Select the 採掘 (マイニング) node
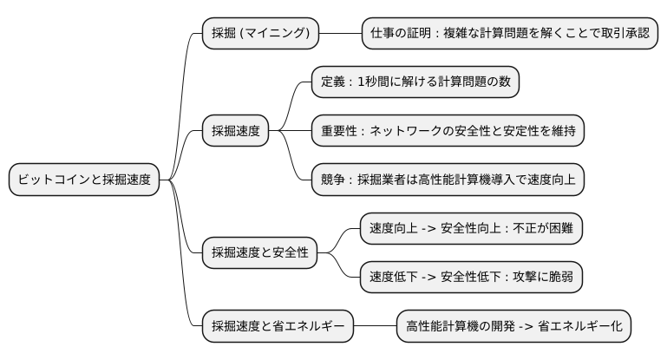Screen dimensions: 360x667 [x=260, y=34]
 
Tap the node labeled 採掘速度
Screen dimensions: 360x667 [x=235, y=131]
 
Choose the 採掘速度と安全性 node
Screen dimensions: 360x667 [x=259, y=253]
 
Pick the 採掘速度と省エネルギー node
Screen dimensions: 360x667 [x=277, y=327]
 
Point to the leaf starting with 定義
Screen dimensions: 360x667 [x=415, y=82]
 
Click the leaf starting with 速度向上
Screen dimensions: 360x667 [x=471, y=229]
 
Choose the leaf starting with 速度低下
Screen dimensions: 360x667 [x=471, y=278]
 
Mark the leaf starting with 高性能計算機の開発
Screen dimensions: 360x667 [x=514, y=327]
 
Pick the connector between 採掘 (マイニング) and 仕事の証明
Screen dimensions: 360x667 [x=340, y=34]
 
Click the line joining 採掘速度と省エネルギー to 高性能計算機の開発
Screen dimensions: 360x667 [x=375, y=327]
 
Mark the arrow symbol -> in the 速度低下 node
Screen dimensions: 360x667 [x=431, y=278]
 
